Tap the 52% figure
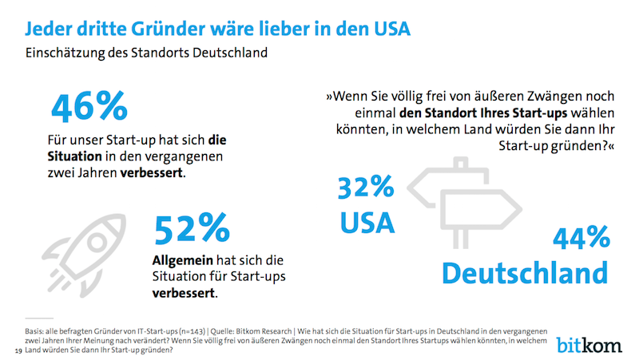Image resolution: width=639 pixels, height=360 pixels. point(191,231)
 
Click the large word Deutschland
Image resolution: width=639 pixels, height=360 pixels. point(524,272)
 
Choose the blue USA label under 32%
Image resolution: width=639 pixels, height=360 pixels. point(367,221)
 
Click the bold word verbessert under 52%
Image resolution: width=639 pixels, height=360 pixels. point(184,292)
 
